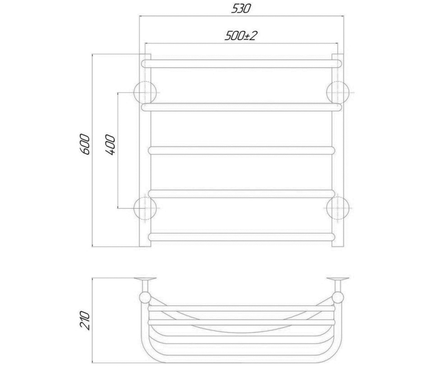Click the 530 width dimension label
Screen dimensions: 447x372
pos(241,9)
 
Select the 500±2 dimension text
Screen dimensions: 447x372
pos(241,36)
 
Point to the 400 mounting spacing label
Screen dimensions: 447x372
pos(110,145)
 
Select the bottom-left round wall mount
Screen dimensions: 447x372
pos(145,208)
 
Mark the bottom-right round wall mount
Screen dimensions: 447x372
pos(338,208)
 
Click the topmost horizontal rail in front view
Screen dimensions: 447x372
pos(241,64)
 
